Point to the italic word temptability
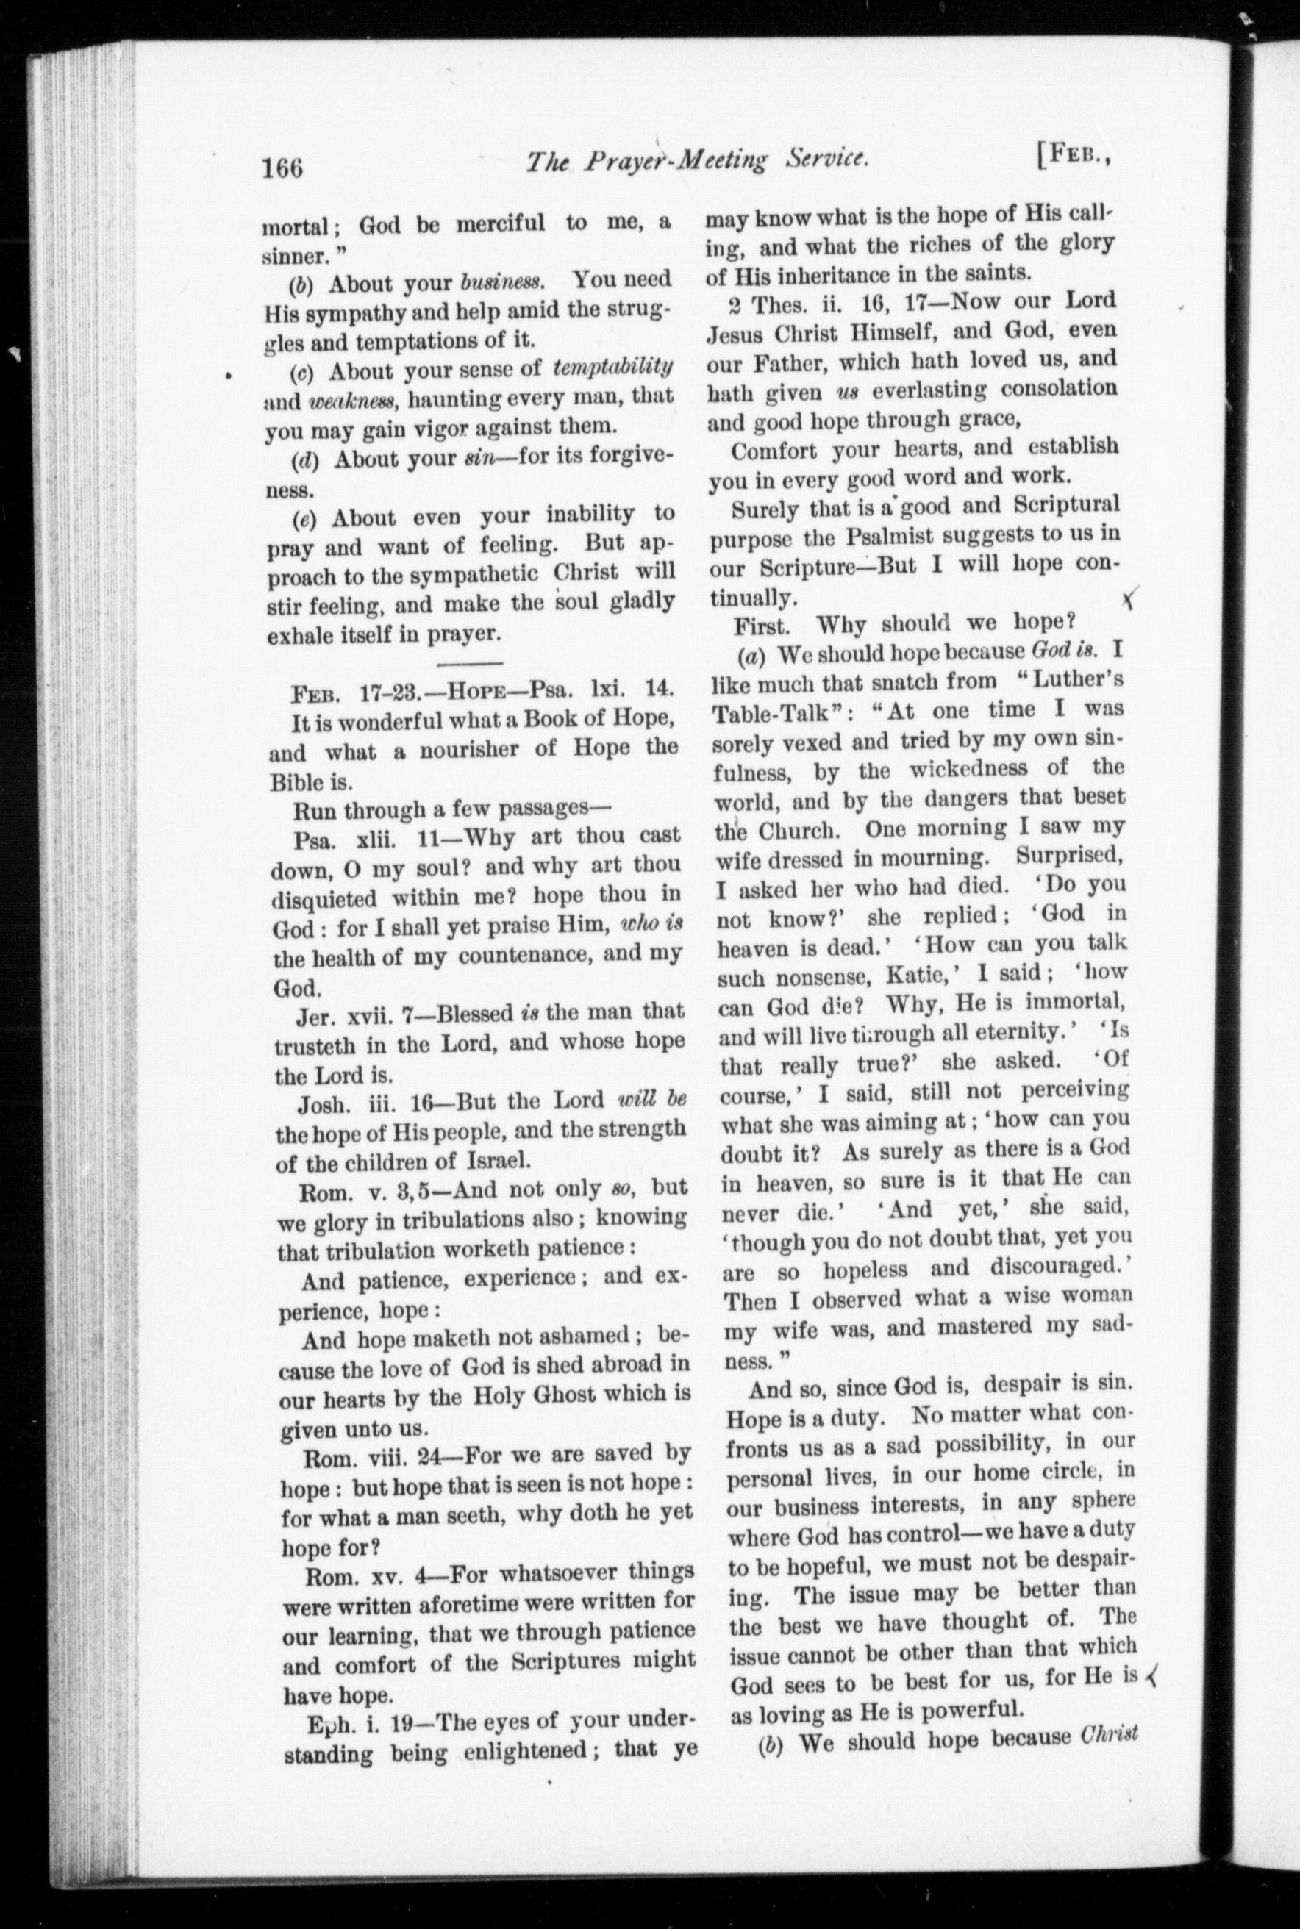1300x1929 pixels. [612, 368]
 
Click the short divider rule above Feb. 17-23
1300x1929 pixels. [469, 663]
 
